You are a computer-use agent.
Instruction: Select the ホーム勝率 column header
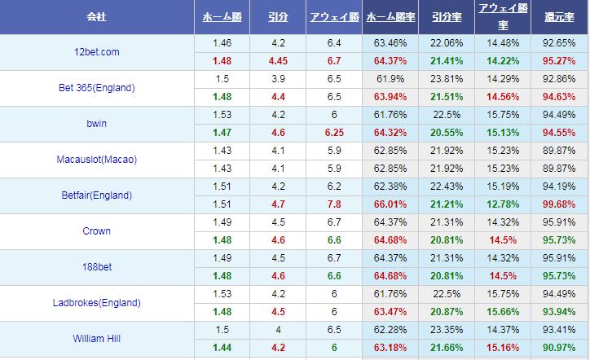coord(390,16)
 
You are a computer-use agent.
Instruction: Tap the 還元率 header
coord(559,16)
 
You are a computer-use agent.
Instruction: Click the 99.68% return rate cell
coord(559,204)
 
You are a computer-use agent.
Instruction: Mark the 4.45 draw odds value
coord(277,61)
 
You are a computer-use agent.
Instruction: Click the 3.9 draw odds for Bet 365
coord(277,79)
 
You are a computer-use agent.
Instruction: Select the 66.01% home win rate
coord(390,204)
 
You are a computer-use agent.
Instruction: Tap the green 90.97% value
coord(559,348)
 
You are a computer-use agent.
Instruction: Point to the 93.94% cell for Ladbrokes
coord(559,312)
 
